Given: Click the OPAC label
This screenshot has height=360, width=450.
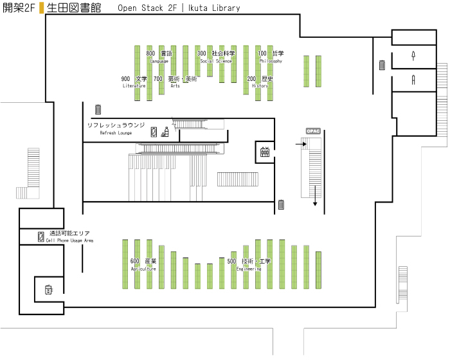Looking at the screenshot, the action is (x=313, y=131).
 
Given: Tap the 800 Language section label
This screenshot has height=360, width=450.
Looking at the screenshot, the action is (x=159, y=57).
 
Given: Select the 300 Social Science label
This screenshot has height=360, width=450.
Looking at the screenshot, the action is (x=216, y=57).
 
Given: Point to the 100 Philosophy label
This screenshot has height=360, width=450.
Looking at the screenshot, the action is (x=271, y=57).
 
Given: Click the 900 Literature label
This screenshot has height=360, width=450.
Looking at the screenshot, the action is (x=134, y=82).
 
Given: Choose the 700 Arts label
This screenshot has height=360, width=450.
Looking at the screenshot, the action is (x=175, y=82).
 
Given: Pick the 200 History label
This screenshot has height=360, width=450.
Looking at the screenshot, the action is (x=260, y=82).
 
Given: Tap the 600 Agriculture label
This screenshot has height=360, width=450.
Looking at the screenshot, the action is (x=143, y=264).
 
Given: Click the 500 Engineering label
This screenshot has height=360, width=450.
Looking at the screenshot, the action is (x=249, y=264).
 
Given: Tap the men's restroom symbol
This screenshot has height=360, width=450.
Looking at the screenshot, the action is (x=413, y=56).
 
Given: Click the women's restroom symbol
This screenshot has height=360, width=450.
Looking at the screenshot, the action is (x=413, y=80).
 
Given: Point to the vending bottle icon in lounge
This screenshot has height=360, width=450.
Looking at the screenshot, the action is (x=165, y=132).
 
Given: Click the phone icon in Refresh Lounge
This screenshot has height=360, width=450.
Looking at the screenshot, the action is (x=154, y=132).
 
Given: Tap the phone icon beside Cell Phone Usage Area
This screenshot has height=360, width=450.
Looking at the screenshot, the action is (x=41, y=237).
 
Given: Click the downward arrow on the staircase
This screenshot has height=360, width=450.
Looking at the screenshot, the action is (x=315, y=195).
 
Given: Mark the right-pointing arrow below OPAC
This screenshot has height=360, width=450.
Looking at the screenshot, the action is (x=301, y=144).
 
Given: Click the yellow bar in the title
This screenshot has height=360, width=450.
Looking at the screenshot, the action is (x=42, y=8).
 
